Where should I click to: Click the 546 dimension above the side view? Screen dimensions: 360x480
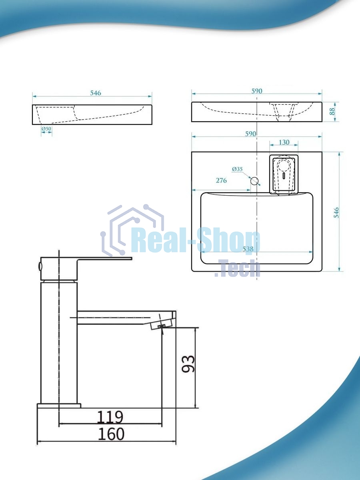[96, 93]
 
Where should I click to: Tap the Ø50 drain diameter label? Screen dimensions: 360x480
[46, 128]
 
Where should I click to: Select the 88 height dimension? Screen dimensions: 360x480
[332, 112]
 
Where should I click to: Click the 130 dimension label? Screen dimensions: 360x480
[284, 142]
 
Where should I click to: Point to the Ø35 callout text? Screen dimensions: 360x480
[237, 169]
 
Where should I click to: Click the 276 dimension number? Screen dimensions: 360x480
[221, 180]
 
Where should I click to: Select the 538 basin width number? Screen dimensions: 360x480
[248, 249]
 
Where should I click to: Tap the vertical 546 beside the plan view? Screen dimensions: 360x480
[337, 212]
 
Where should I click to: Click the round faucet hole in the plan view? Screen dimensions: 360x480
[254, 181]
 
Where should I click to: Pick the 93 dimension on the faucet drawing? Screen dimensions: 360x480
[188, 364]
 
